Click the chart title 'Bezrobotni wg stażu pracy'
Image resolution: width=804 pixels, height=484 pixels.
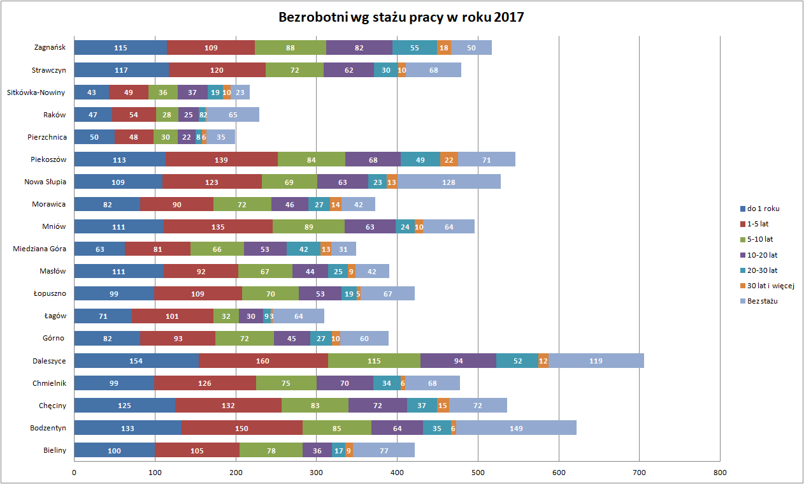[401, 17]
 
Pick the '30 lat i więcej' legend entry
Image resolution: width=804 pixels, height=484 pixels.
[770, 286]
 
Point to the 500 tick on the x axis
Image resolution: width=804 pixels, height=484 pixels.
[478, 473]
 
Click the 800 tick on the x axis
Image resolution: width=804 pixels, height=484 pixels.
[720, 473]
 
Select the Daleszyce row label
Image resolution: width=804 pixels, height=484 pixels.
[49, 361]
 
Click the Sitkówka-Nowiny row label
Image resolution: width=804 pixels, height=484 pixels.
[36, 92]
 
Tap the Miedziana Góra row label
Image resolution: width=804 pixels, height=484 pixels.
[39, 249]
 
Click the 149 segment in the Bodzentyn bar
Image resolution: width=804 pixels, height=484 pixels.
[516, 428]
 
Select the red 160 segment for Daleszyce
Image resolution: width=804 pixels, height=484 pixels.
[263, 361]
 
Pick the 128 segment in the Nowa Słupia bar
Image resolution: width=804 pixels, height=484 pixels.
[449, 182]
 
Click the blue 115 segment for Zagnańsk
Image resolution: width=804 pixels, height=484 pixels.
[120, 48]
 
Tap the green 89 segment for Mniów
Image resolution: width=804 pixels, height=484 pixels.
[308, 226]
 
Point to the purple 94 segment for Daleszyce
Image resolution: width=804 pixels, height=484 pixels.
[458, 361]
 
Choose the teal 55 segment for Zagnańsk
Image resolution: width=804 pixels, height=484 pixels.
[414, 48]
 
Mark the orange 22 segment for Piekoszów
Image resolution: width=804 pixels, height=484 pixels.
[449, 159]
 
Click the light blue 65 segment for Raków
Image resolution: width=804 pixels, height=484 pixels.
[233, 115]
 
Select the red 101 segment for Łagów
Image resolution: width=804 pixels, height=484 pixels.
[173, 316]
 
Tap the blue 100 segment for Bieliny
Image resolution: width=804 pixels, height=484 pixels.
[114, 451]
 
